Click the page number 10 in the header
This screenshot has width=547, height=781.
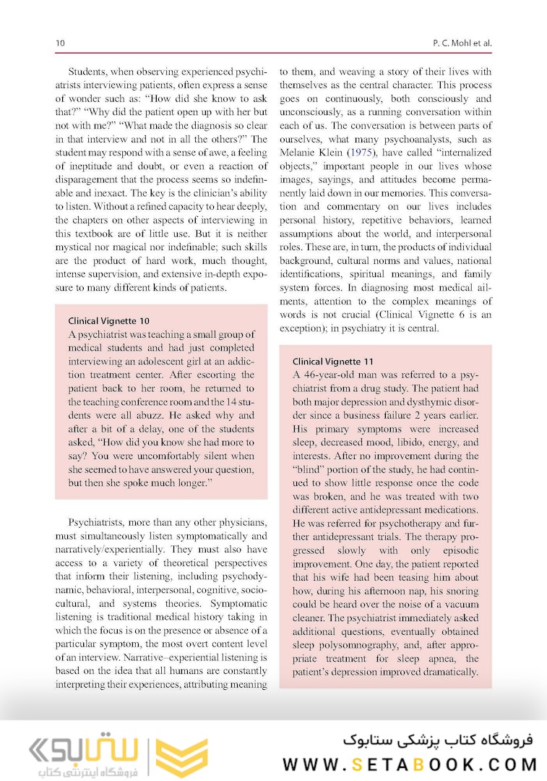61,43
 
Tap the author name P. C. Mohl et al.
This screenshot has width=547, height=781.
460,43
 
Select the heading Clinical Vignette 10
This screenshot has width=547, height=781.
108,320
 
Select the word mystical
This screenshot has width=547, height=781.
75,247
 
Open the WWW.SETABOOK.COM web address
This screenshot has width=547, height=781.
410,764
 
